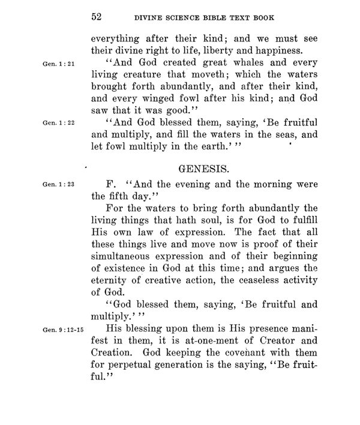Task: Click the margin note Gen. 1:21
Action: coord(56,63)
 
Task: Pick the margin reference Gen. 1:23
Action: coord(56,185)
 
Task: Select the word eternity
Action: coord(112,279)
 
